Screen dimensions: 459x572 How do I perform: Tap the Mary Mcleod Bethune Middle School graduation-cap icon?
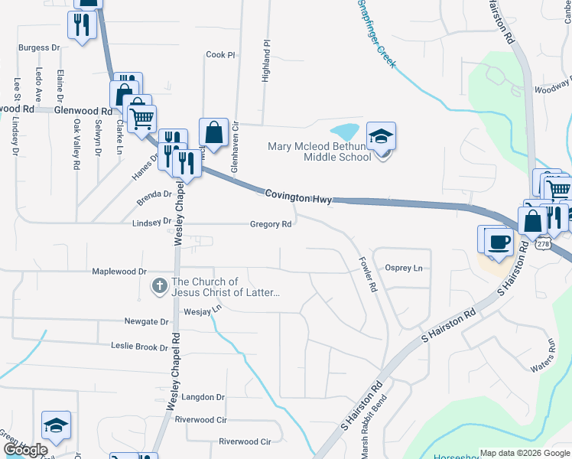(381, 136)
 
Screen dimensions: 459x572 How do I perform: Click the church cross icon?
(159, 287)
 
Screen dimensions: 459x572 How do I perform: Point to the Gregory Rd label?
(271, 224)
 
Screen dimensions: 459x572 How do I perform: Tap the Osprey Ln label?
(404, 268)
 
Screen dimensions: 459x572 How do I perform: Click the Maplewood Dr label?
(119, 272)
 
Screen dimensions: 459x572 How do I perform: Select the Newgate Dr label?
(145, 322)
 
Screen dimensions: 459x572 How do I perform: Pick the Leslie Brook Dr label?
(139, 347)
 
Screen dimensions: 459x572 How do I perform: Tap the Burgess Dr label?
(39, 47)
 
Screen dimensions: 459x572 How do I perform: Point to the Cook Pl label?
(220, 55)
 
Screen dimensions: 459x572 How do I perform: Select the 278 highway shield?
(543, 244)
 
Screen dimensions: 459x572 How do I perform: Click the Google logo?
(25, 450)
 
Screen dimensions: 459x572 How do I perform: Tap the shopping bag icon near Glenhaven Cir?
(213, 133)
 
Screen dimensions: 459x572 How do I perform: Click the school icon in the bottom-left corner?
(57, 426)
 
